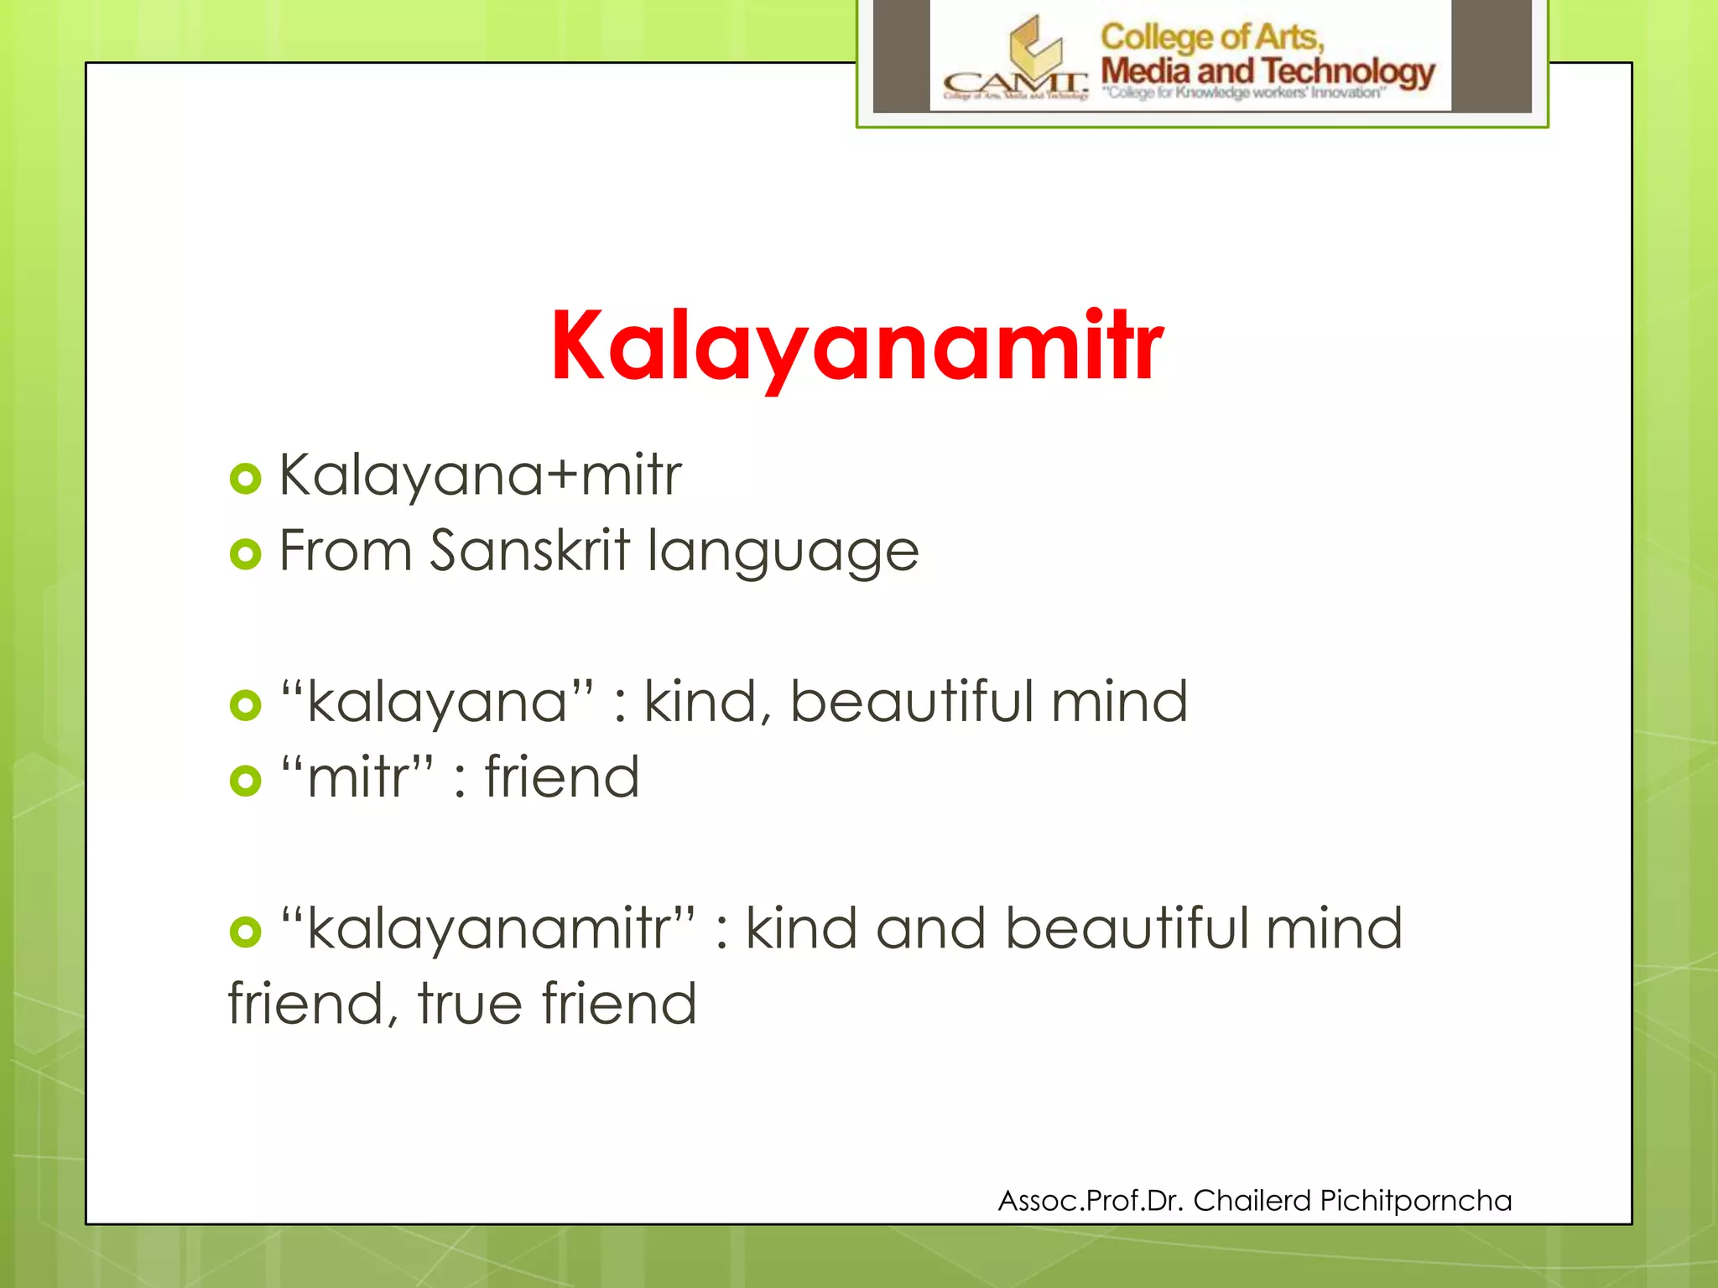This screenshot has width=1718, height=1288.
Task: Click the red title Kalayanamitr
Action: pos(856,346)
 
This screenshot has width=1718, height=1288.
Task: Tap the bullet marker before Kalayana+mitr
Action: pos(245,479)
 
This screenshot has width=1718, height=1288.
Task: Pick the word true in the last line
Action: pos(470,1004)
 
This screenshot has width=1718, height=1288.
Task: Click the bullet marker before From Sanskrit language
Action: pos(245,554)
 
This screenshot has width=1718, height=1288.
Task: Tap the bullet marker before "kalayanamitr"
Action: pos(245,932)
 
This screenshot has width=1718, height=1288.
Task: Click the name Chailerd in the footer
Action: pos(1252,1201)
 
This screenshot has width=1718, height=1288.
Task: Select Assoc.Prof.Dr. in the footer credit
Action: pos(1090,1201)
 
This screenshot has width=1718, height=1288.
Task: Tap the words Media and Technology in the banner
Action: pos(1267,71)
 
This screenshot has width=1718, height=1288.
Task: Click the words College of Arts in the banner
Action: pos(1211,37)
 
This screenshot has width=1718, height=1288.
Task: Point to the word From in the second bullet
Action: pos(346,551)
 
